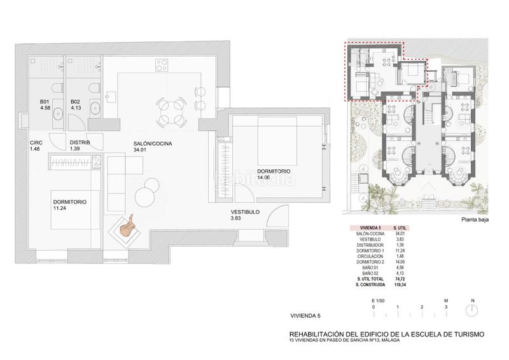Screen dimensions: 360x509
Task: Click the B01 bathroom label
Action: [44, 104]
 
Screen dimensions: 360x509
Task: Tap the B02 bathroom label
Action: [75, 104]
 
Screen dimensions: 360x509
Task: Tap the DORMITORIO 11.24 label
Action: [70, 205]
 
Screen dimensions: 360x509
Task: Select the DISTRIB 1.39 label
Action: [80, 146]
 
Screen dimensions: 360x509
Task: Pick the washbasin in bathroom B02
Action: [95, 106]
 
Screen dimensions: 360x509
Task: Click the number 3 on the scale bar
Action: [446, 307]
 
